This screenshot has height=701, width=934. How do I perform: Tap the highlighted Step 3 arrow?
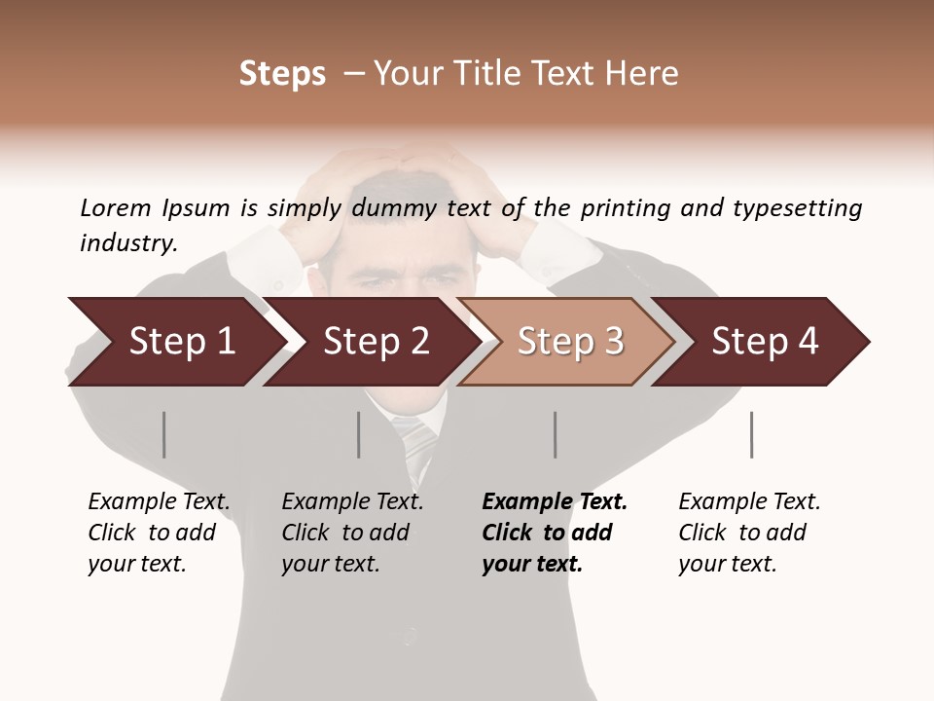pos(569,342)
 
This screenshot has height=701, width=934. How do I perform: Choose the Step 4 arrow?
pos(764,342)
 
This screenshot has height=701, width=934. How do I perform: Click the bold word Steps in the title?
pos(282,74)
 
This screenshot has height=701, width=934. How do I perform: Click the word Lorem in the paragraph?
pos(115,207)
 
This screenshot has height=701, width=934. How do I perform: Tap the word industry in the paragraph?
pos(128,242)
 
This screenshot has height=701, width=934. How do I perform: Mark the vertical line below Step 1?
pos(164,434)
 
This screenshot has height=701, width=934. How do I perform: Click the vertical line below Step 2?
pos(359,434)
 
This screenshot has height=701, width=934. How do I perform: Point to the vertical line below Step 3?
pos(555,434)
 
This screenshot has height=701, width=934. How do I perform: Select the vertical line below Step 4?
pos(751,434)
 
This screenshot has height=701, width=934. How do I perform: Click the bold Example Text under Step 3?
pos(555,502)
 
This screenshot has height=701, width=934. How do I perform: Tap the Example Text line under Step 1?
pos(159,502)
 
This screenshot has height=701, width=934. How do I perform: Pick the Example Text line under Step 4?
pos(749,502)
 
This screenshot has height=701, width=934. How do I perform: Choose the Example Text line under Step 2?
pos(352,502)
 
